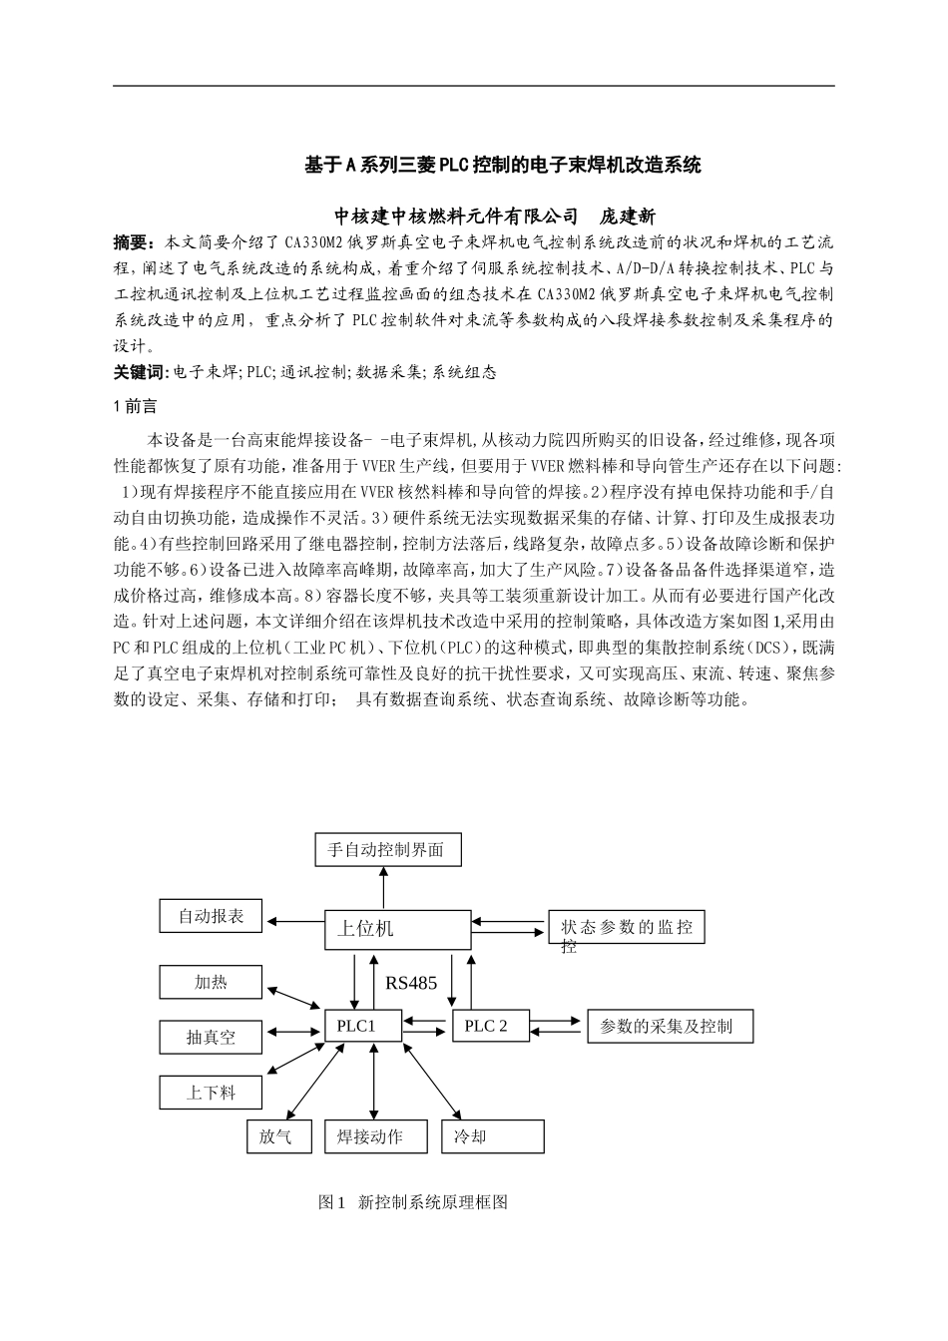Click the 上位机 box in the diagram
click(398, 929)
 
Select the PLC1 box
click(362, 1026)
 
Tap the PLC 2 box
click(489, 1026)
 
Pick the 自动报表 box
click(211, 916)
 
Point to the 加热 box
click(211, 983)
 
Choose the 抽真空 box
click(211, 1037)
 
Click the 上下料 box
click(211, 1093)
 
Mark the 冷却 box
click(493, 1136)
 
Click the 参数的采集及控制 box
click(670, 1026)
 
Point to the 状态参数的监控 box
click(627, 928)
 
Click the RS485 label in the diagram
click(411, 983)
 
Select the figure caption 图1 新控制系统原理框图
click(413, 1202)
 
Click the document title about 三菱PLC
click(503, 165)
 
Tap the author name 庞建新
click(627, 216)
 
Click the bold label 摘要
click(135, 242)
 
